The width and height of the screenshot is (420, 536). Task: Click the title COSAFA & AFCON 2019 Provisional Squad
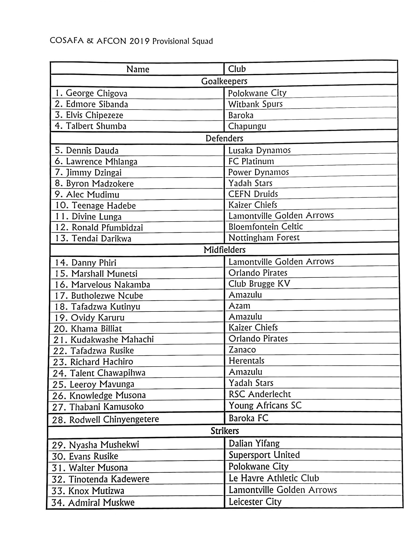(131, 41)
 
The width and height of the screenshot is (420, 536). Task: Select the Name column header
(138, 69)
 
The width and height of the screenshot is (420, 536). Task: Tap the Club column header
(237, 69)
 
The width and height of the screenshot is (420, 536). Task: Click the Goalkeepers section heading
(224, 81)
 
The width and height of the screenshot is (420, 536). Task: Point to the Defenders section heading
(224, 138)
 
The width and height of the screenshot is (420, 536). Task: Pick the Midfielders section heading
(224, 250)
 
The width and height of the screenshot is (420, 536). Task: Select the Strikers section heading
(225, 431)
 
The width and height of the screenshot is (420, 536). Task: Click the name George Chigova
(96, 93)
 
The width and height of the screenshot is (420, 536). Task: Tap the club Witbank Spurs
(255, 104)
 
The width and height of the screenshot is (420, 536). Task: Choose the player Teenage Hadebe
(104, 206)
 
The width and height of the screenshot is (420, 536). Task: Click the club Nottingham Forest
(264, 238)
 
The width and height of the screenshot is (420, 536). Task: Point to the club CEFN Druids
(253, 194)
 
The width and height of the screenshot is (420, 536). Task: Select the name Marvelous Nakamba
(110, 285)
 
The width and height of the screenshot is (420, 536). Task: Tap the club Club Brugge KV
(259, 284)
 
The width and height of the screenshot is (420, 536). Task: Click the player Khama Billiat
(96, 329)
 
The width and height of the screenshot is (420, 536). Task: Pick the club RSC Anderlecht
(260, 394)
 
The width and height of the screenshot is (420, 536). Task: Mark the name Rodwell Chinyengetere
(114, 419)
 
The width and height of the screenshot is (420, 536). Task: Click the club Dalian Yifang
(254, 443)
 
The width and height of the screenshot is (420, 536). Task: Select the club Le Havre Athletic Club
(274, 478)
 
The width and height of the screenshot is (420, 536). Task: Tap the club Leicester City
(255, 502)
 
